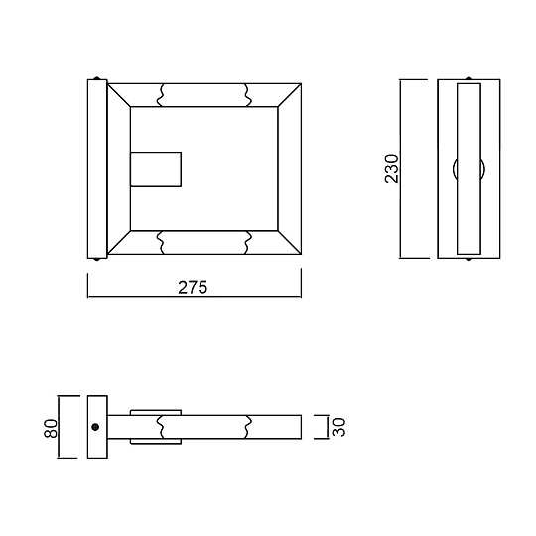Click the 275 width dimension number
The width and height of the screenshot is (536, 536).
192,287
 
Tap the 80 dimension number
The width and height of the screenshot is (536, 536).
51,428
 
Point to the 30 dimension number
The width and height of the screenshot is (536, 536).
337,428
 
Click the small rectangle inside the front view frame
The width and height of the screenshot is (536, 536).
156,170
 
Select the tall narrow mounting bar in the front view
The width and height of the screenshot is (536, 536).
97,170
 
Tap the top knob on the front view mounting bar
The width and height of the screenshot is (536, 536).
96,79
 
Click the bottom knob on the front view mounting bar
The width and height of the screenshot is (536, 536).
96,259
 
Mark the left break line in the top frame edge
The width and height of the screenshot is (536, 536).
163,94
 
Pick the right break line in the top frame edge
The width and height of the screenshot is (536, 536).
246,94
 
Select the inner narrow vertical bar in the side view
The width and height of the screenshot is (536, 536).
468,169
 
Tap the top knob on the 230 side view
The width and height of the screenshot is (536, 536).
468,78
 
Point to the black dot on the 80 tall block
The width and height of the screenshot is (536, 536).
95,428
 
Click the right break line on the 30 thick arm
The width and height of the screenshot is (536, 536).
247,427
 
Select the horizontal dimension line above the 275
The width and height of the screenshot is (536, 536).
194,298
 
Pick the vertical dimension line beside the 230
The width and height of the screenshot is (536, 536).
402,169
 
